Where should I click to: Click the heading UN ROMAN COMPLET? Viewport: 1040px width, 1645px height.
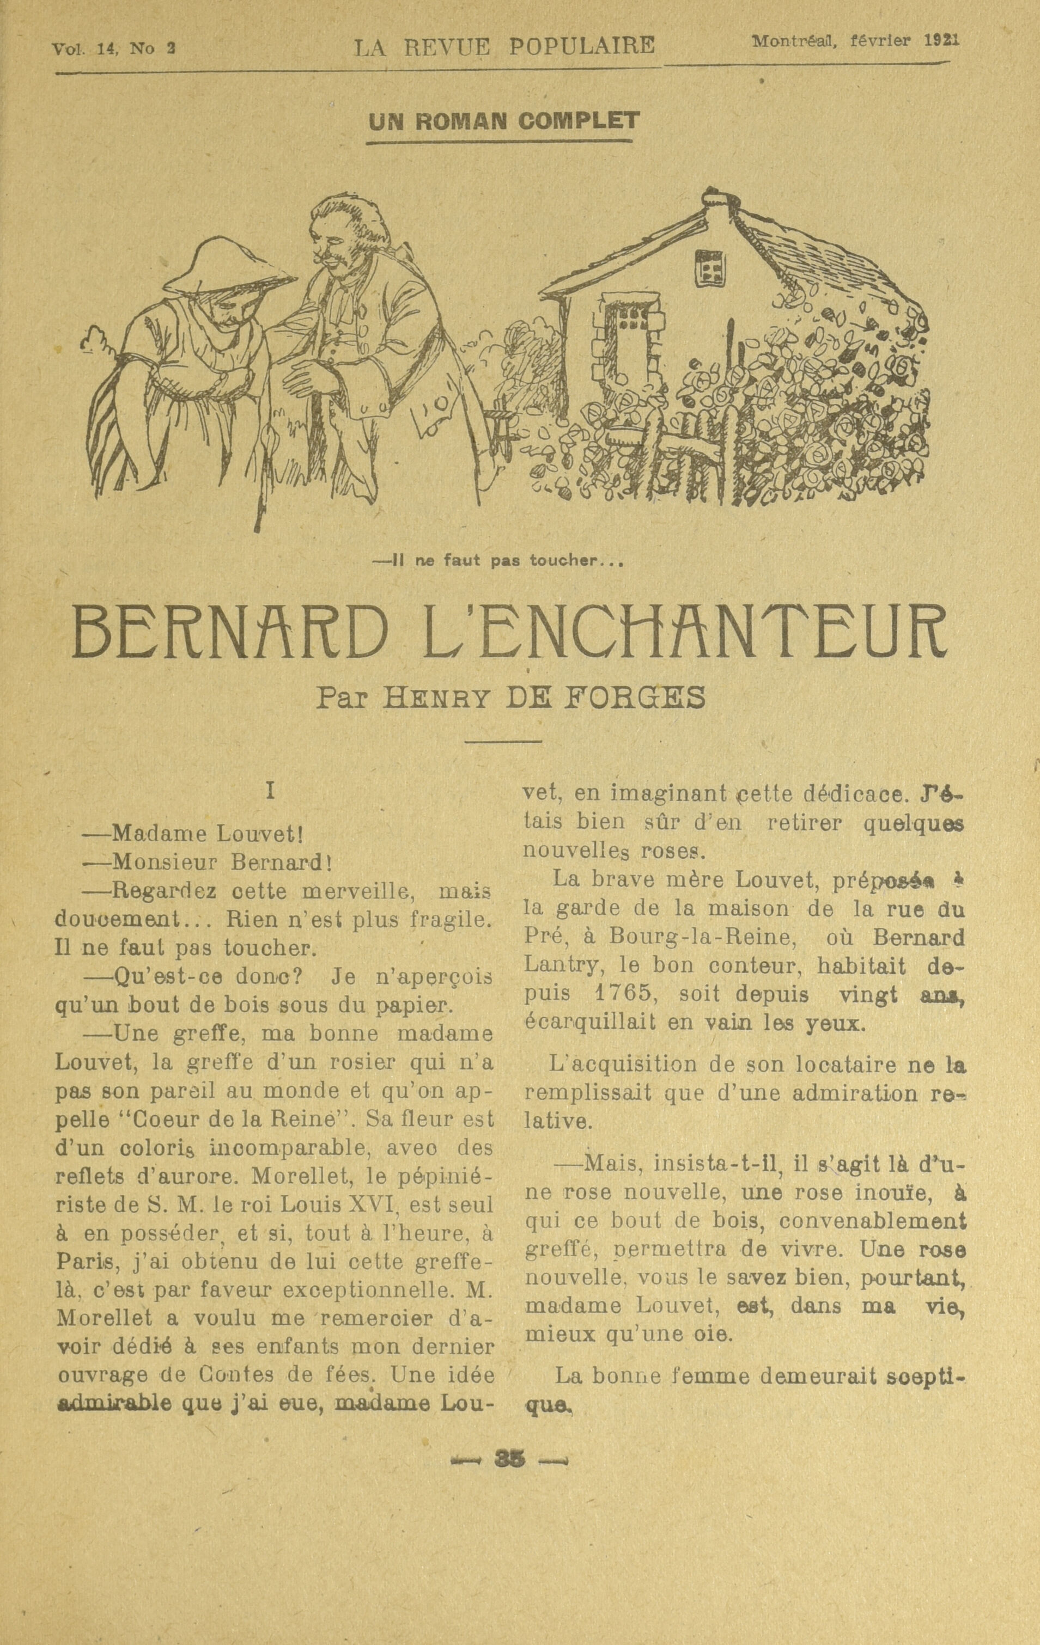(x=503, y=121)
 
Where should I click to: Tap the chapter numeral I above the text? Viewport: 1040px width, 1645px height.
(x=271, y=791)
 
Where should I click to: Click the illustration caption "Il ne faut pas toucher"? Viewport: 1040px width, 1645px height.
(x=497, y=561)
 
